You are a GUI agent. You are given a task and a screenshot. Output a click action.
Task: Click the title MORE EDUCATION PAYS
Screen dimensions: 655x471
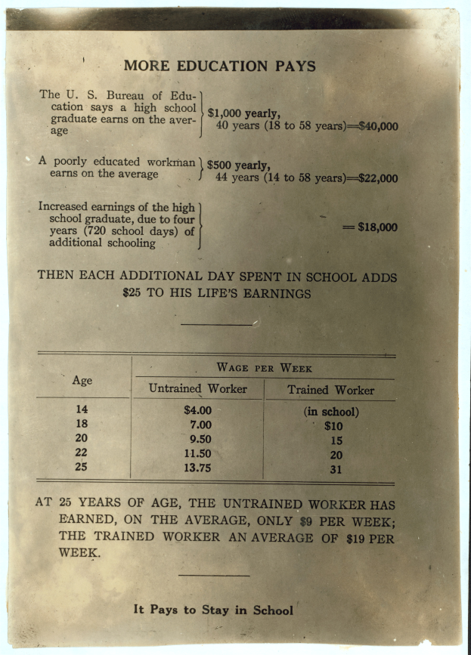(219, 66)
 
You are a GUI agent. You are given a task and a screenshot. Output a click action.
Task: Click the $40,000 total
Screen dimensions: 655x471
(378, 126)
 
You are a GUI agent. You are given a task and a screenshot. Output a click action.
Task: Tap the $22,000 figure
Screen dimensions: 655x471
(378, 178)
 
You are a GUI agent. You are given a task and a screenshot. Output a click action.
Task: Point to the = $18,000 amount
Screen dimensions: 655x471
(370, 227)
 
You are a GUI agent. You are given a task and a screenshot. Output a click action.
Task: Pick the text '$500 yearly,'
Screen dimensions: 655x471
(238, 166)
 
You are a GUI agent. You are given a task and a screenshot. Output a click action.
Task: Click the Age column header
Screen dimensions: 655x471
(82, 380)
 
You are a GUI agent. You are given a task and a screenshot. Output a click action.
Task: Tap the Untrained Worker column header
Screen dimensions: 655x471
(197, 389)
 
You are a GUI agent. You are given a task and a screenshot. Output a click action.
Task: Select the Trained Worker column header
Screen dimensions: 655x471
(330, 391)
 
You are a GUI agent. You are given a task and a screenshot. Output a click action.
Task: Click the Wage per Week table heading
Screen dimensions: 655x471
(264, 368)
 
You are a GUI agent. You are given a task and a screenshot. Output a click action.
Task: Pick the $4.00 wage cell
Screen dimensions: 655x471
(198, 411)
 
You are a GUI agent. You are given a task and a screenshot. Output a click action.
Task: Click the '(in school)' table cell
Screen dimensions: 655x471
(331, 412)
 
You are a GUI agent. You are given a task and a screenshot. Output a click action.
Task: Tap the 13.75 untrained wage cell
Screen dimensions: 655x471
(198, 468)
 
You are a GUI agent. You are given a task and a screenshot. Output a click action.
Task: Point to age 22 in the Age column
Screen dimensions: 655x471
(81, 453)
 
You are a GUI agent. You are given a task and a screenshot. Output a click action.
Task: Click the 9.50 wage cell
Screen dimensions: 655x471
(198, 439)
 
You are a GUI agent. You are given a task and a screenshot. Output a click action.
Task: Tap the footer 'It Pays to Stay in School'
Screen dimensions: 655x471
(213, 610)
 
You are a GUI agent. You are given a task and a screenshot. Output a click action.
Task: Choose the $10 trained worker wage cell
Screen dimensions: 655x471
(333, 426)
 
